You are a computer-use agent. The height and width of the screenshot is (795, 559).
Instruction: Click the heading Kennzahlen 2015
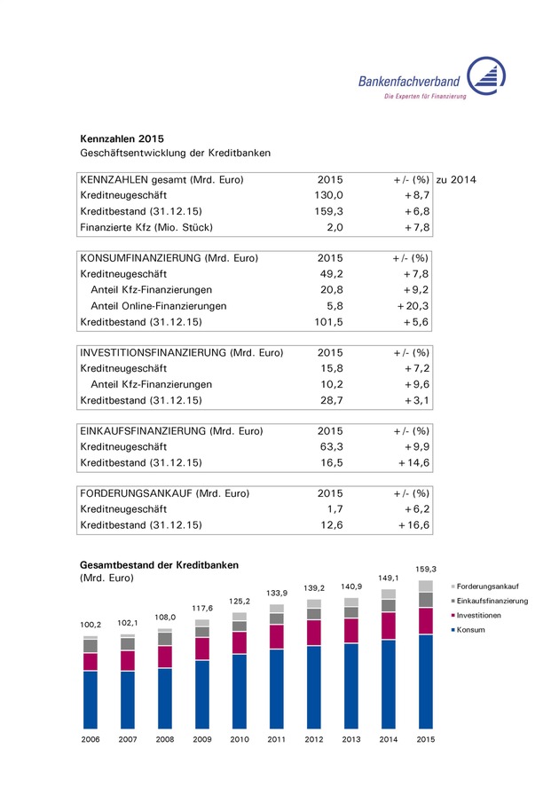click(122, 138)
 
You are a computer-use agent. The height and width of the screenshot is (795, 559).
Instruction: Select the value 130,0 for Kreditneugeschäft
click(330, 194)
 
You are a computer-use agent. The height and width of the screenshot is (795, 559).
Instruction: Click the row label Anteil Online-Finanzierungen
click(158, 306)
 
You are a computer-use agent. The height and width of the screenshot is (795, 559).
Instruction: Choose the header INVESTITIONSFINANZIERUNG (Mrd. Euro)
click(182, 353)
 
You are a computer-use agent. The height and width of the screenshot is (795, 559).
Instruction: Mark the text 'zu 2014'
click(456, 180)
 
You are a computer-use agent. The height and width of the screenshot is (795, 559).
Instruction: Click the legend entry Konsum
click(472, 630)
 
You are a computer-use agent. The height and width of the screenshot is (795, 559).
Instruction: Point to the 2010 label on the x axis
click(240, 738)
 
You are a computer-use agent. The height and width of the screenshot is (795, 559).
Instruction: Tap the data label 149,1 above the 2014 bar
click(388, 578)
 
